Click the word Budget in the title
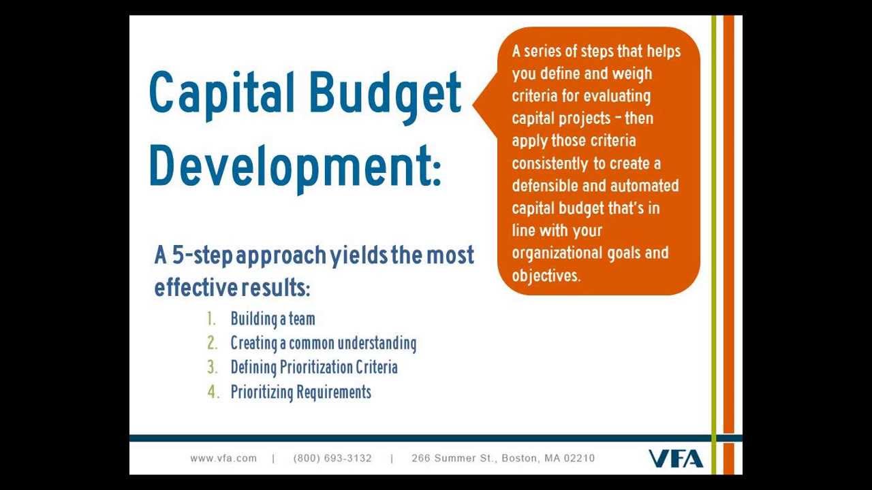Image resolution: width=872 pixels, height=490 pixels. click(x=386, y=95)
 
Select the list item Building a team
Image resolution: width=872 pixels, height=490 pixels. click(x=272, y=318)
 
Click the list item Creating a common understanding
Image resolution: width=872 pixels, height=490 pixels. click(x=323, y=343)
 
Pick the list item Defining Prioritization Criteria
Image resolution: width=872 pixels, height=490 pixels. click(x=313, y=367)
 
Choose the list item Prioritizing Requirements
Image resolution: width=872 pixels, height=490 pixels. click(x=300, y=392)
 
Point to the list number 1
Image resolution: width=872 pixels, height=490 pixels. click(x=212, y=318)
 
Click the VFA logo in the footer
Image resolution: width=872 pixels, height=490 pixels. click(x=675, y=459)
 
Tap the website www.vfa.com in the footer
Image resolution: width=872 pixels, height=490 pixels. click(x=223, y=458)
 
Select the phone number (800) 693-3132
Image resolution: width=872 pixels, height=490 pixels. click(x=332, y=458)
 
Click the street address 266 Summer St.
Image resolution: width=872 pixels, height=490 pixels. click(x=453, y=458)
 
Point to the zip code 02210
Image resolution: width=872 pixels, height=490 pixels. click(x=579, y=458)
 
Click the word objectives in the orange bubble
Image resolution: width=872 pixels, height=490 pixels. click(x=546, y=276)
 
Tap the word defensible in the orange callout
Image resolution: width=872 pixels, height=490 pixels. click(x=545, y=186)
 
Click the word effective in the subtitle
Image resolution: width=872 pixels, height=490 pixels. click(x=195, y=289)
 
